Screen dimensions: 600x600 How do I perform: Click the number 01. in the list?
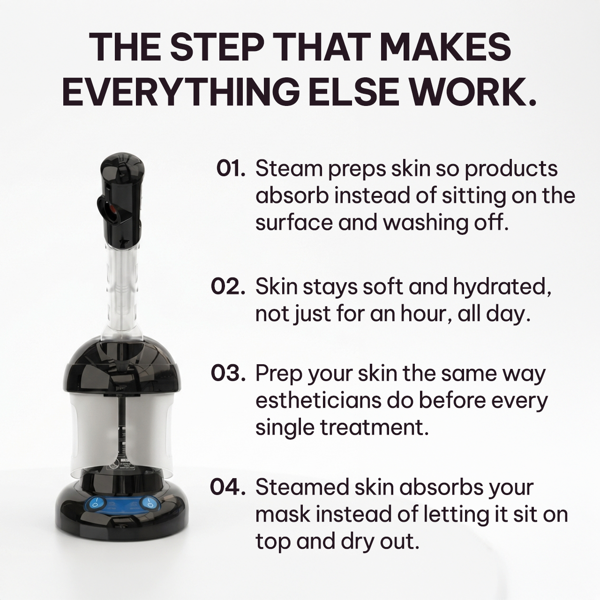point(231,168)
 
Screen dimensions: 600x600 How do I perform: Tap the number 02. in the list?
point(228,286)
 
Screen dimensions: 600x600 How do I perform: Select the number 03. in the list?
point(228,374)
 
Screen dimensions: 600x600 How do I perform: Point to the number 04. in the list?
point(228,487)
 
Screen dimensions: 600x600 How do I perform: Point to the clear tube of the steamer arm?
point(121,291)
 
